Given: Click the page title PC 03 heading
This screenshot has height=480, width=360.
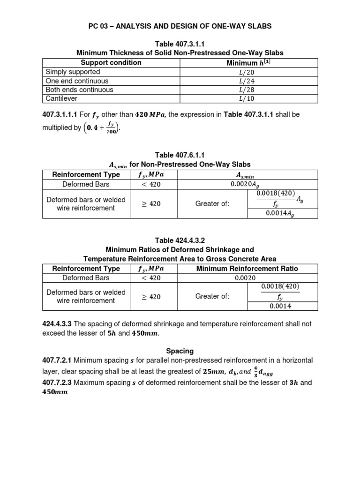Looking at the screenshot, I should (180, 26).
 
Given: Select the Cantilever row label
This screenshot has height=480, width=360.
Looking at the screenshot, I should (61, 98).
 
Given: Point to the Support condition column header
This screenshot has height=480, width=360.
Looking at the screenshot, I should (111, 63).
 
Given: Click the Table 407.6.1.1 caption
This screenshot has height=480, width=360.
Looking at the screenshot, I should (180, 155).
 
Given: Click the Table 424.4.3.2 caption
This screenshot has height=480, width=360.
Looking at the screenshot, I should (180, 240).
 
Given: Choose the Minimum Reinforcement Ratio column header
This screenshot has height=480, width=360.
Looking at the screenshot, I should (247, 269).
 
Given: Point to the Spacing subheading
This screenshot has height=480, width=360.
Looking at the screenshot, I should (180, 351).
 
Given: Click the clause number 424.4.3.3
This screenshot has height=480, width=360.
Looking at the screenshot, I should (59, 324).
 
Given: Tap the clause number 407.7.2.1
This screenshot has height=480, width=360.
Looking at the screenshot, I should (59, 360).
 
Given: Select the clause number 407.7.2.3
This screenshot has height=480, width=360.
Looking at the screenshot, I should (59, 383).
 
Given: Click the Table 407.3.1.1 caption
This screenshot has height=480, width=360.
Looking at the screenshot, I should (180, 44).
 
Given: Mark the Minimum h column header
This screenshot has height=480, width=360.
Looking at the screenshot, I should (247, 63).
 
